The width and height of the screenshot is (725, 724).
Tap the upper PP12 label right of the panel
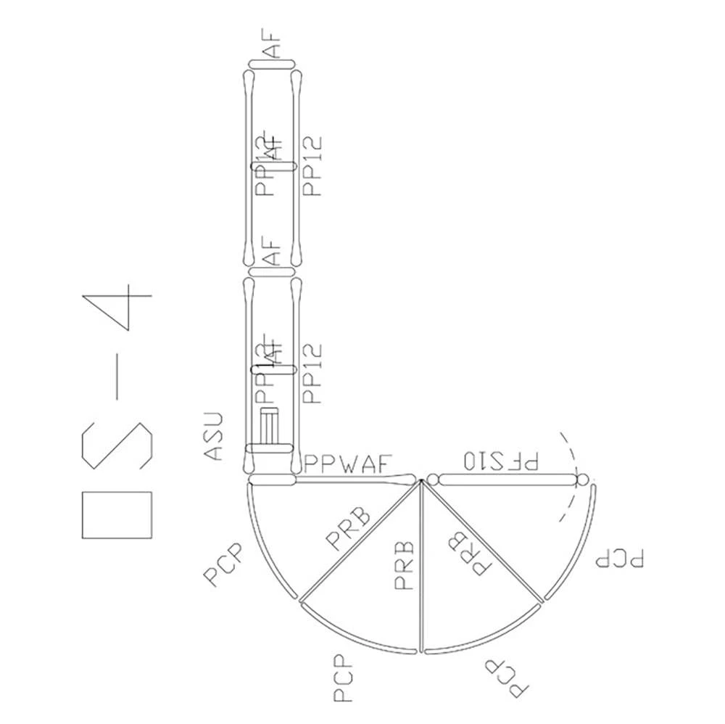click(x=313, y=166)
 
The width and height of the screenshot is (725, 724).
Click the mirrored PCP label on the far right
click(x=619, y=559)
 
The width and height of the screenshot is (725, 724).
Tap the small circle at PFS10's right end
click(x=581, y=480)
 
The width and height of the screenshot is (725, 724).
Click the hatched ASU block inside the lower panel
click(x=270, y=428)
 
